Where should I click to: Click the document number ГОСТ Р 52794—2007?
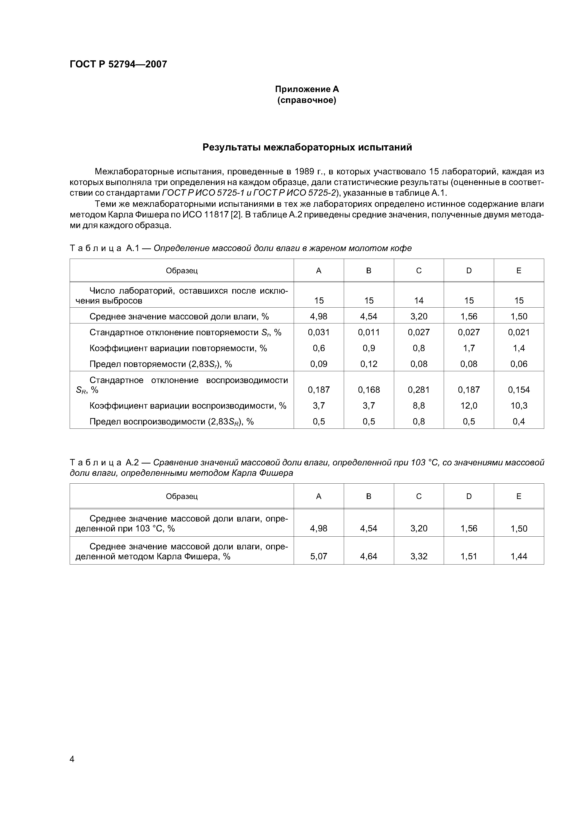(118, 64)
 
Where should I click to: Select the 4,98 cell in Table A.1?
(319, 316)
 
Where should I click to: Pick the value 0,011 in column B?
(369, 332)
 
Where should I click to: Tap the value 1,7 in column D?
(469, 348)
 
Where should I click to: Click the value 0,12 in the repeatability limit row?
(369, 364)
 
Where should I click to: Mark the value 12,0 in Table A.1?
(469, 406)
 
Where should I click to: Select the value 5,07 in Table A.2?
(319, 556)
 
